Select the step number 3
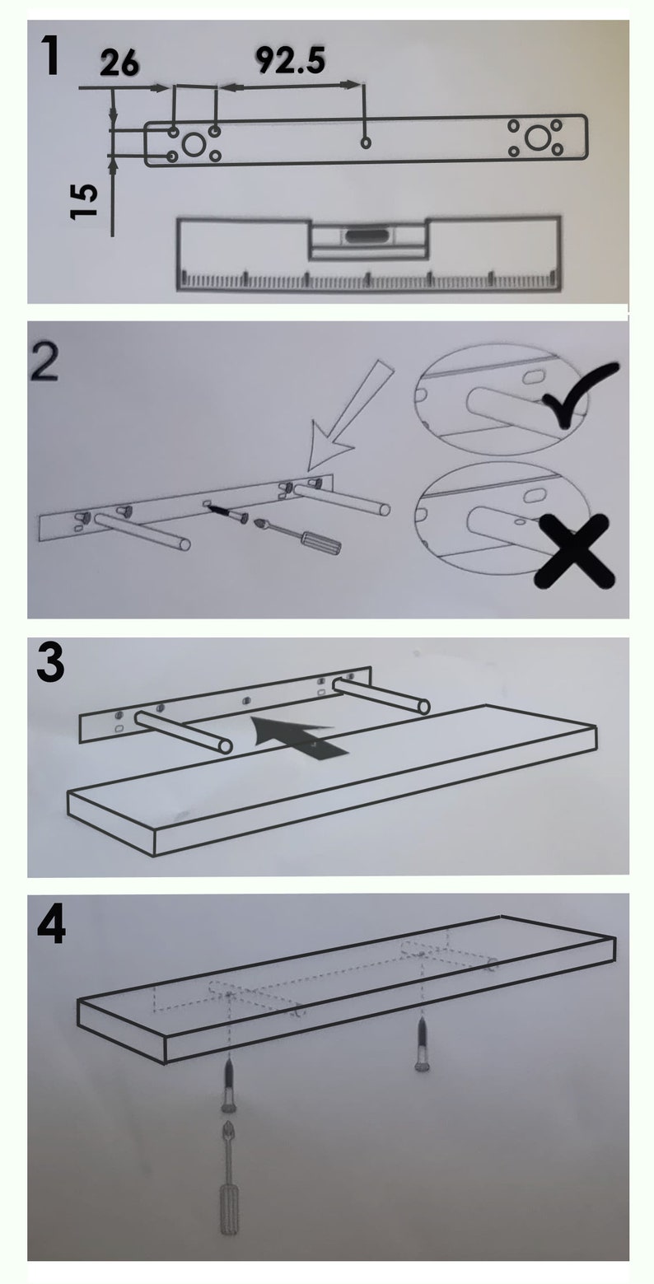click(x=50, y=666)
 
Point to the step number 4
click(x=52, y=926)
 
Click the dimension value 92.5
click(x=290, y=60)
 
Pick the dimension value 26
click(x=120, y=63)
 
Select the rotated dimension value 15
click(x=85, y=200)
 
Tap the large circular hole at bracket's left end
click(x=194, y=145)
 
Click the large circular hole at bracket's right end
click(x=537, y=138)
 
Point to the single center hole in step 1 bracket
click(x=367, y=143)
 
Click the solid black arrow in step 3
click(x=301, y=735)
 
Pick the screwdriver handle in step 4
click(x=228, y=1207)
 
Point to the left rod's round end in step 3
click(x=224, y=745)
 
